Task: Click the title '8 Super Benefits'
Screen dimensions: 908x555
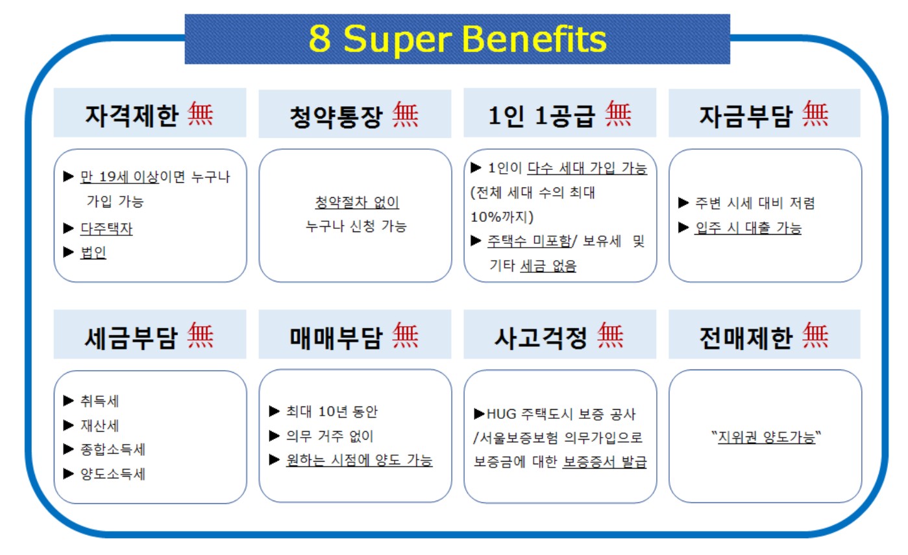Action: tap(457, 39)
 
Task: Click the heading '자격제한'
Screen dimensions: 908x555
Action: tap(132, 115)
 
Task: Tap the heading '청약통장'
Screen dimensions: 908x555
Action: tap(336, 117)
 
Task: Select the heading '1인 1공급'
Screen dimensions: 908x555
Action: tap(541, 115)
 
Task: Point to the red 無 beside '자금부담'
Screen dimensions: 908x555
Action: tap(816, 114)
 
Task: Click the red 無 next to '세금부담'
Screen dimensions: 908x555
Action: tap(201, 335)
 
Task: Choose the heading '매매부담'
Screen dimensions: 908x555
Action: tap(336, 338)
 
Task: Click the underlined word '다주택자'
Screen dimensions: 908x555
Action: tap(106, 228)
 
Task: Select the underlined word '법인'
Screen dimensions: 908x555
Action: tap(93, 253)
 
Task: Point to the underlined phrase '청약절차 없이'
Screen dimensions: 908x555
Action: tap(357, 202)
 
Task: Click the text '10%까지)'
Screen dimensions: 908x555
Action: tap(502, 217)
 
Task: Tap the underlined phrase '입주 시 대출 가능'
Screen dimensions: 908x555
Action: tap(748, 228)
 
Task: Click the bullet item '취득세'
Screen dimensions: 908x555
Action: tap(100, 401)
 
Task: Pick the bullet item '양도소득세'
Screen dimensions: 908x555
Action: tap(113, 474)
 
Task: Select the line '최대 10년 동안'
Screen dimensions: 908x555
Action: tap(332, 411)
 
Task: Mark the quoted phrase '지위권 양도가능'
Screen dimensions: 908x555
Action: tap(766, 437)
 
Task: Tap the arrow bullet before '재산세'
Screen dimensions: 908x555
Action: tap(69, 425)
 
